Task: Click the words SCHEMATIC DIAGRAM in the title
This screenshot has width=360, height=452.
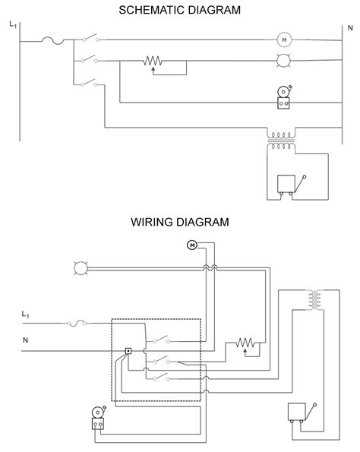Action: coord(180,11)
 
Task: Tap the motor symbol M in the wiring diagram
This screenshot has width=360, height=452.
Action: coord(191,245)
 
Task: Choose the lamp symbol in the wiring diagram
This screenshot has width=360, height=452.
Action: coord(80,267)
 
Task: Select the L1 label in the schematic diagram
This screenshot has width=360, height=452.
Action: coord(13,25)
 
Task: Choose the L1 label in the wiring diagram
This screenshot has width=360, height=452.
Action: coord(27,314)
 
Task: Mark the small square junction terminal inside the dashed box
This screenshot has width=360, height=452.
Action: coord(128,351)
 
